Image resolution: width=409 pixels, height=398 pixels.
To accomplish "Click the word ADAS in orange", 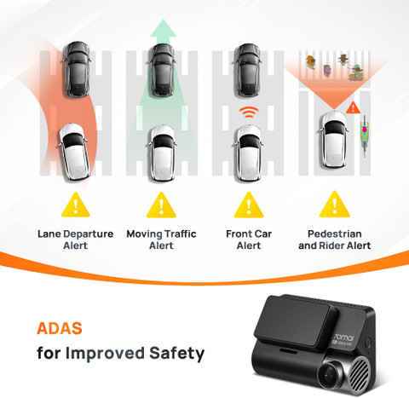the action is tap(60, 328).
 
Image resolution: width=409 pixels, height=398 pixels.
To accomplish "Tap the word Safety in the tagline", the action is tap(176, 354).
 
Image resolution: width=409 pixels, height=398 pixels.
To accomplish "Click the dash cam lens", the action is tap(330, 375).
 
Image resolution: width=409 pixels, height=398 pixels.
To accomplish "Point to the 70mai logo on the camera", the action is tap(344, 337).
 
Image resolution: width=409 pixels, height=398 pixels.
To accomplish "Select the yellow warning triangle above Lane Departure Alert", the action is tap(76, 205).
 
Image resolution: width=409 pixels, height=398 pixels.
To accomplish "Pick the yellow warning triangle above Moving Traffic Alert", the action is tap(161, 205).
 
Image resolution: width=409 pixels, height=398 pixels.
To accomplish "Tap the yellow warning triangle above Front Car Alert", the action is tap(249, 205).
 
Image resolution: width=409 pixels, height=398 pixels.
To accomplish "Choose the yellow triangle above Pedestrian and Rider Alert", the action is tap(335, 205).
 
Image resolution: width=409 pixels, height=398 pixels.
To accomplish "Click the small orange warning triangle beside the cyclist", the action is tap(353, 108).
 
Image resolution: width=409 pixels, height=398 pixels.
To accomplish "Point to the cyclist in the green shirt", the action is tap(365, 136).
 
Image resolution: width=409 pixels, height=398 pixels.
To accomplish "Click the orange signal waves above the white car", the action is tap(249, 112).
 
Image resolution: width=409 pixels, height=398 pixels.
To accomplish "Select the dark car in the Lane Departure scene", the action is tap(78, 69).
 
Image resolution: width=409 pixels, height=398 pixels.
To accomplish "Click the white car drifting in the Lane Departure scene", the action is tap(74, 152).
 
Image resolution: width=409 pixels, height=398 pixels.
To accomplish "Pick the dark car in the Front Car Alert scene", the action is tap(247, 70).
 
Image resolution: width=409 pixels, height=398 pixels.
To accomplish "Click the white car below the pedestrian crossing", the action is tap(334, 139).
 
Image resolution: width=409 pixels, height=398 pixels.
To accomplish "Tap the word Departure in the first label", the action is tap(88, 234).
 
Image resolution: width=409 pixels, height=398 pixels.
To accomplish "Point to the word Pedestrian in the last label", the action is tap(335, 234).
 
